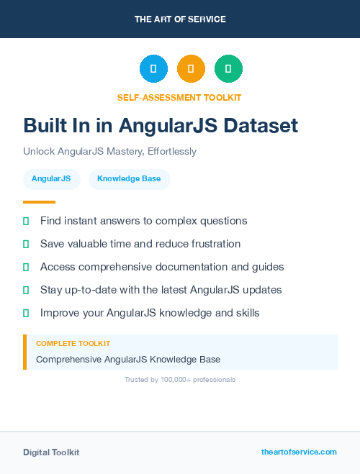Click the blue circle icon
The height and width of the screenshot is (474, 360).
point(153,69)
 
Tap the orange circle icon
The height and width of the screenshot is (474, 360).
point(191,69)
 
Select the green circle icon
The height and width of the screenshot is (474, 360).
point(228,69)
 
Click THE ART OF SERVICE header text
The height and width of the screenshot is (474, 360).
point(180,19)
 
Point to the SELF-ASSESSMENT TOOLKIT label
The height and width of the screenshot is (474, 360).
point(179,97)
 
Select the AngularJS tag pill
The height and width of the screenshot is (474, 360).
point(51,179)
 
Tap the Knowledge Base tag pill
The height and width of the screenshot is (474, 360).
point(129,179)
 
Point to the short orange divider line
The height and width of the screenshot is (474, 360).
point(39,202)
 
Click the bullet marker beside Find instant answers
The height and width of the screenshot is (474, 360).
point(26,221)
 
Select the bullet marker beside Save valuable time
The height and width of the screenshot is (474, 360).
point(26,244)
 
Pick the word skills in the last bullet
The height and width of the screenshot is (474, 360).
point(245,313)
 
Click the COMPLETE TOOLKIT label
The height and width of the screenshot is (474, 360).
point(73,344)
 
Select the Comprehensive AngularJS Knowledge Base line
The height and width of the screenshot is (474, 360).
point(128,359)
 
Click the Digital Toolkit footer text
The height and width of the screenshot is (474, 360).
point(51,452)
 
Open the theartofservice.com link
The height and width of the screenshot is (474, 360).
point(299,452)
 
